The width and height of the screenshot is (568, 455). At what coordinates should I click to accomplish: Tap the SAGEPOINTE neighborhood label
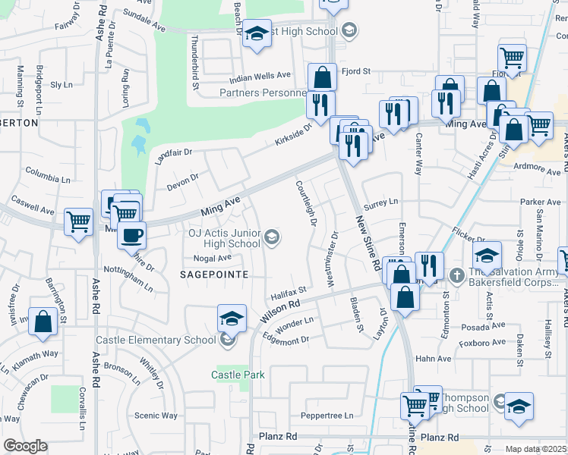[x=214, y=275]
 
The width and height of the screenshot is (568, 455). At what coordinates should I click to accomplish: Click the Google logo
[x=25, y=446]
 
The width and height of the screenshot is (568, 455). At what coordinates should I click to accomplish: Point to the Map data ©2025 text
[x=535, y=449]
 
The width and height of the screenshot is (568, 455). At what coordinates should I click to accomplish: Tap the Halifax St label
[x=288, y=291]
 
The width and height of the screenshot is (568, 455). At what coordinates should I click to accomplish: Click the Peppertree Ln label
[x=327, y=416]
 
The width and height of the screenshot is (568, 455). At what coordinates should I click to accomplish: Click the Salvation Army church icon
[x=456, y=274]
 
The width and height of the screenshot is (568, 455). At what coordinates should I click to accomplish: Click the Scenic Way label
[x=156, y=416]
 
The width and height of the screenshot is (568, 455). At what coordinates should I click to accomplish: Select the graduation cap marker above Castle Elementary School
[x=232, y=318]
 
